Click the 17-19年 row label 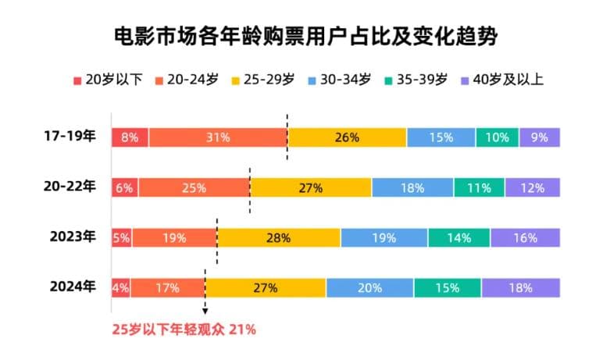point(70,137)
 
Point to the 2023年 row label point(72,237)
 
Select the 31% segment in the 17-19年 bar point(218,137)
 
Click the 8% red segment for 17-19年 point(130,137)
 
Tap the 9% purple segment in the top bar point(540,137)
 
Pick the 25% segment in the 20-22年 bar point(194,187)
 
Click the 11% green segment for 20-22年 point(479,187)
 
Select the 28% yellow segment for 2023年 point(278,237)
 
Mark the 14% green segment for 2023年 point(458,237)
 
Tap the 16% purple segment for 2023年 point(525,237)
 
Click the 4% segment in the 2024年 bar point(120,287)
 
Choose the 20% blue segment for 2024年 point(369,287)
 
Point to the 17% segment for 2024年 point(167,287)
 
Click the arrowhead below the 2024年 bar point(205,311)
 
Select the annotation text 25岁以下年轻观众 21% point(184,330)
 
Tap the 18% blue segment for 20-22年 point(412,187)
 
